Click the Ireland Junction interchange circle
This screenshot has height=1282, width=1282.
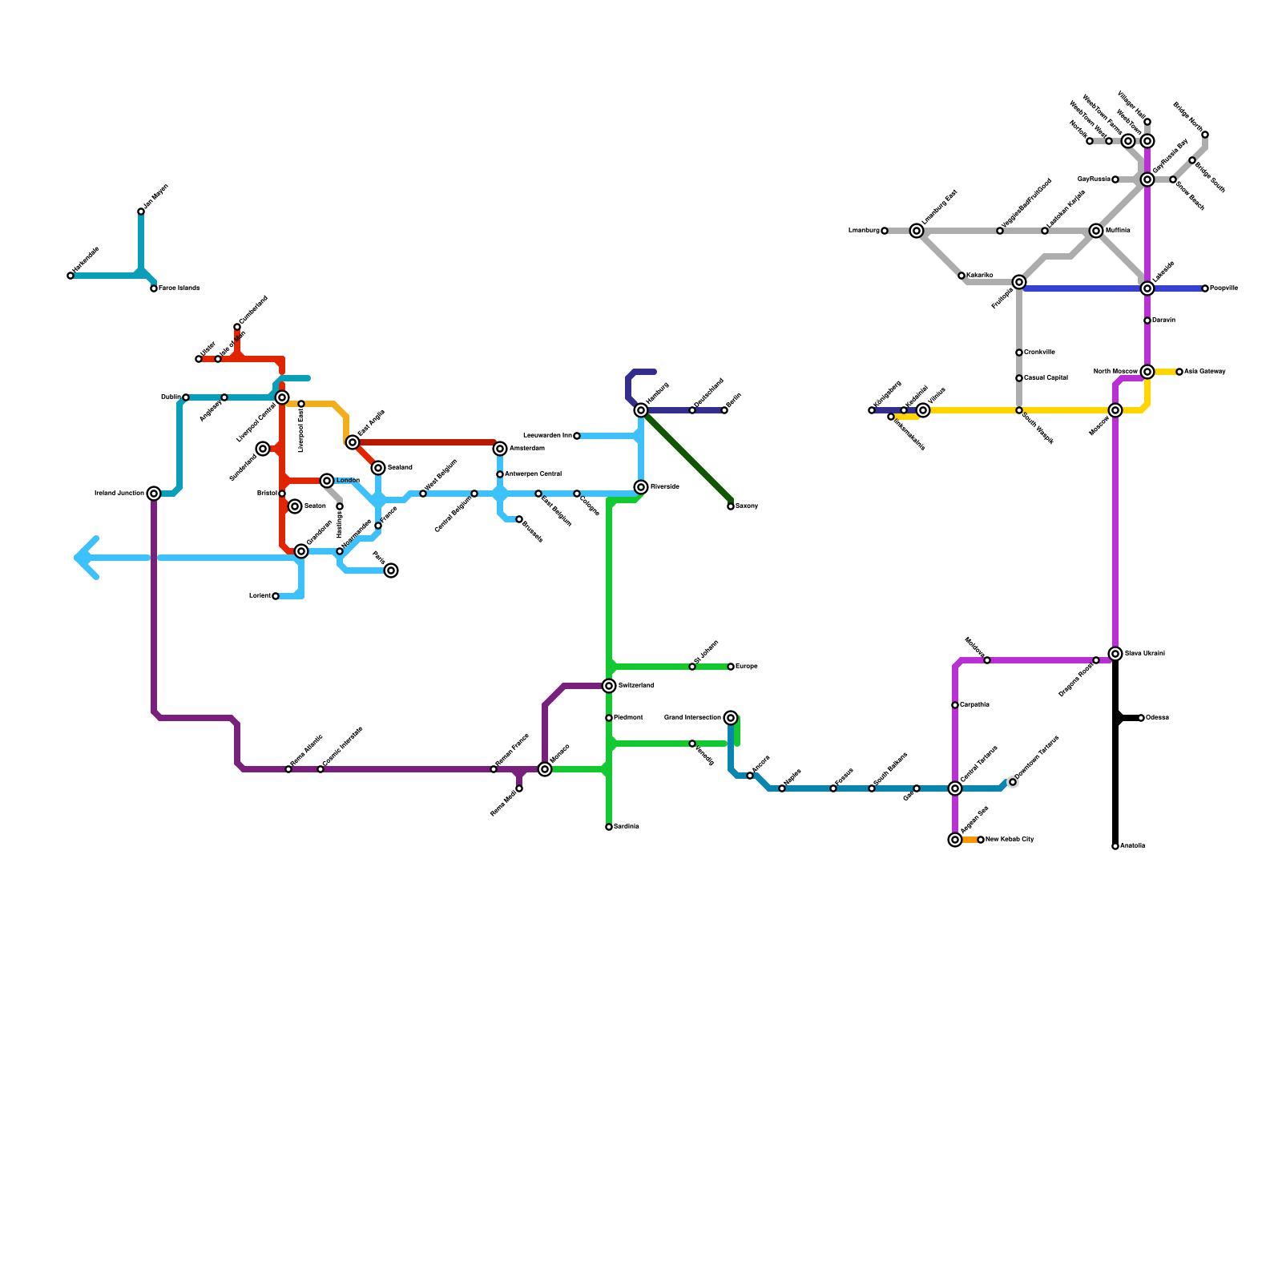click(154, 494)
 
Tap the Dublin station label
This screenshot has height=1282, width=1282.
click(170, 397)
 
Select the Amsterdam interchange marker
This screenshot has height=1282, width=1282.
click(500, 449)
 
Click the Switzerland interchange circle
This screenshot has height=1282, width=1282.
click(609, 686)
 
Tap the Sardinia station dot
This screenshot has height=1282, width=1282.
click(609, 827)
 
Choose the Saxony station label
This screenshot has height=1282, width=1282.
click(747, 506)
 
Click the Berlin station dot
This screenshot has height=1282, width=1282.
click(724, 410)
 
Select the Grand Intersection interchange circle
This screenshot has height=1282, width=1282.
click(731, 718)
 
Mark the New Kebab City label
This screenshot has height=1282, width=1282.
click(1010, 840)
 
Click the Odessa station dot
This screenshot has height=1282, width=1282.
click(1141, 718)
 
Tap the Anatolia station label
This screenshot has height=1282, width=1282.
click(1132, 846)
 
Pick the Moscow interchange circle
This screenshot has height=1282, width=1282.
click(1115, 410)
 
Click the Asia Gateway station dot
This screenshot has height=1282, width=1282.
click(1179, 372)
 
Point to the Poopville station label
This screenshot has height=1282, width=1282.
click(1224, 288)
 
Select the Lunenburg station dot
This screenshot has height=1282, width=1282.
click(885, 231)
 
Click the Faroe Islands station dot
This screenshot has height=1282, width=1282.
click(154, 288)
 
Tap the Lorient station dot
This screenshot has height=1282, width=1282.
click(276, 596)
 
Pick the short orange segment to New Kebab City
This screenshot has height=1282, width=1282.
click(970, 840)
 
